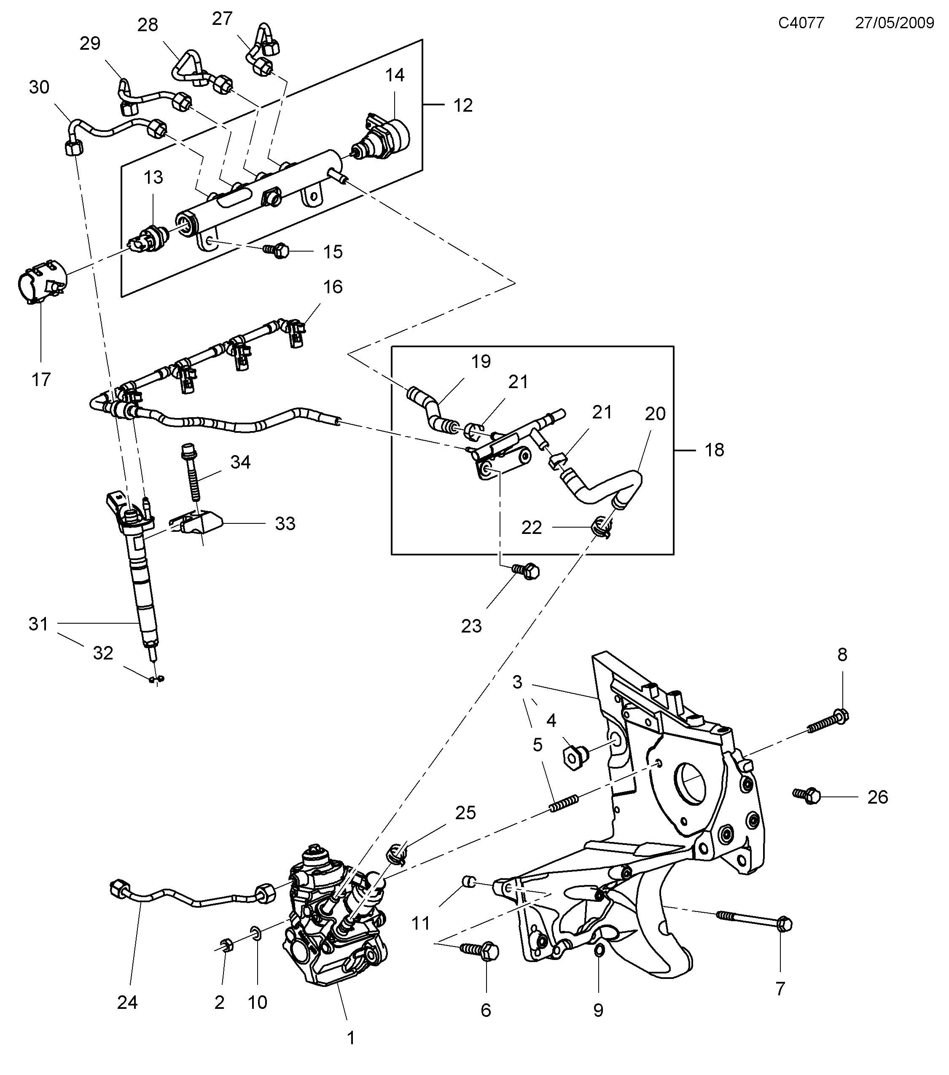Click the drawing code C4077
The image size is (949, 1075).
click(801, 23)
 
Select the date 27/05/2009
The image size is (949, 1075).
click(894, 23)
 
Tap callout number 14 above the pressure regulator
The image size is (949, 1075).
click(395, 75)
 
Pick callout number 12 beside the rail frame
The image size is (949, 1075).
click(463, 105)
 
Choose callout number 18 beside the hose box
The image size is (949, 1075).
click(714, 450)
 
